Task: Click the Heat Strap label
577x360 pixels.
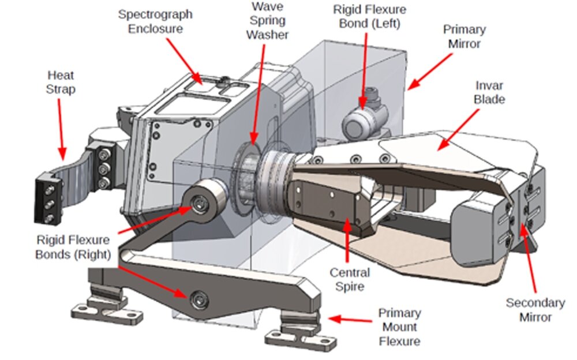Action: pos(61,82)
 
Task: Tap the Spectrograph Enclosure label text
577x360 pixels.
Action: pos(155,21)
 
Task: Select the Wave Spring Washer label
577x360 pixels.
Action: pos(267,21)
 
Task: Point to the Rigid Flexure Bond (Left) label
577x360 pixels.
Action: pos(369,16)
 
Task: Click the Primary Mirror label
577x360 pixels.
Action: pos(464,36)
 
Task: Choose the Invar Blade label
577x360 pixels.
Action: pos(489,92)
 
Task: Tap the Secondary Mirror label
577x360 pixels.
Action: pos(535,310)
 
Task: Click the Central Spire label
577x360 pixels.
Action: pos(350,279)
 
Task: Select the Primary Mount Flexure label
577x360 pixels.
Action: pos(400,327)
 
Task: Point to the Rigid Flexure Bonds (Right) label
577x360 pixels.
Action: pos(73,247)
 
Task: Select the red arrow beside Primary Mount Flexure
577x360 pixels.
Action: pos(350,320)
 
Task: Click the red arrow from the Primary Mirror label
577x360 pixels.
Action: pos(430,72)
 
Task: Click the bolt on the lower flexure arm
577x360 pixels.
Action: pos(199,300)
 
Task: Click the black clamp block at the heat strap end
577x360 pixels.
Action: pos(48,199)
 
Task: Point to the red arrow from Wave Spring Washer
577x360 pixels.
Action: pos(258,95)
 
